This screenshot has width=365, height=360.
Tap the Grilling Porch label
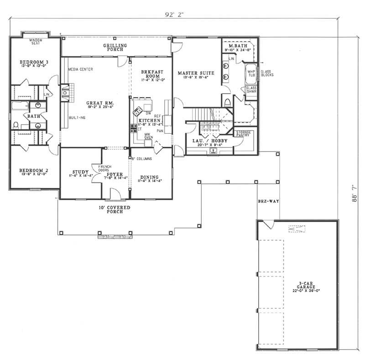115,47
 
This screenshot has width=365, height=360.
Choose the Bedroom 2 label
31,171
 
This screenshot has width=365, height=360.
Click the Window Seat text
36,42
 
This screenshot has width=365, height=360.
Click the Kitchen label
149,120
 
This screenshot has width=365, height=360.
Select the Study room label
80,172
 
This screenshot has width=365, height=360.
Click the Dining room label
150,177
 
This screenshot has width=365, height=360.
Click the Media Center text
80,69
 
